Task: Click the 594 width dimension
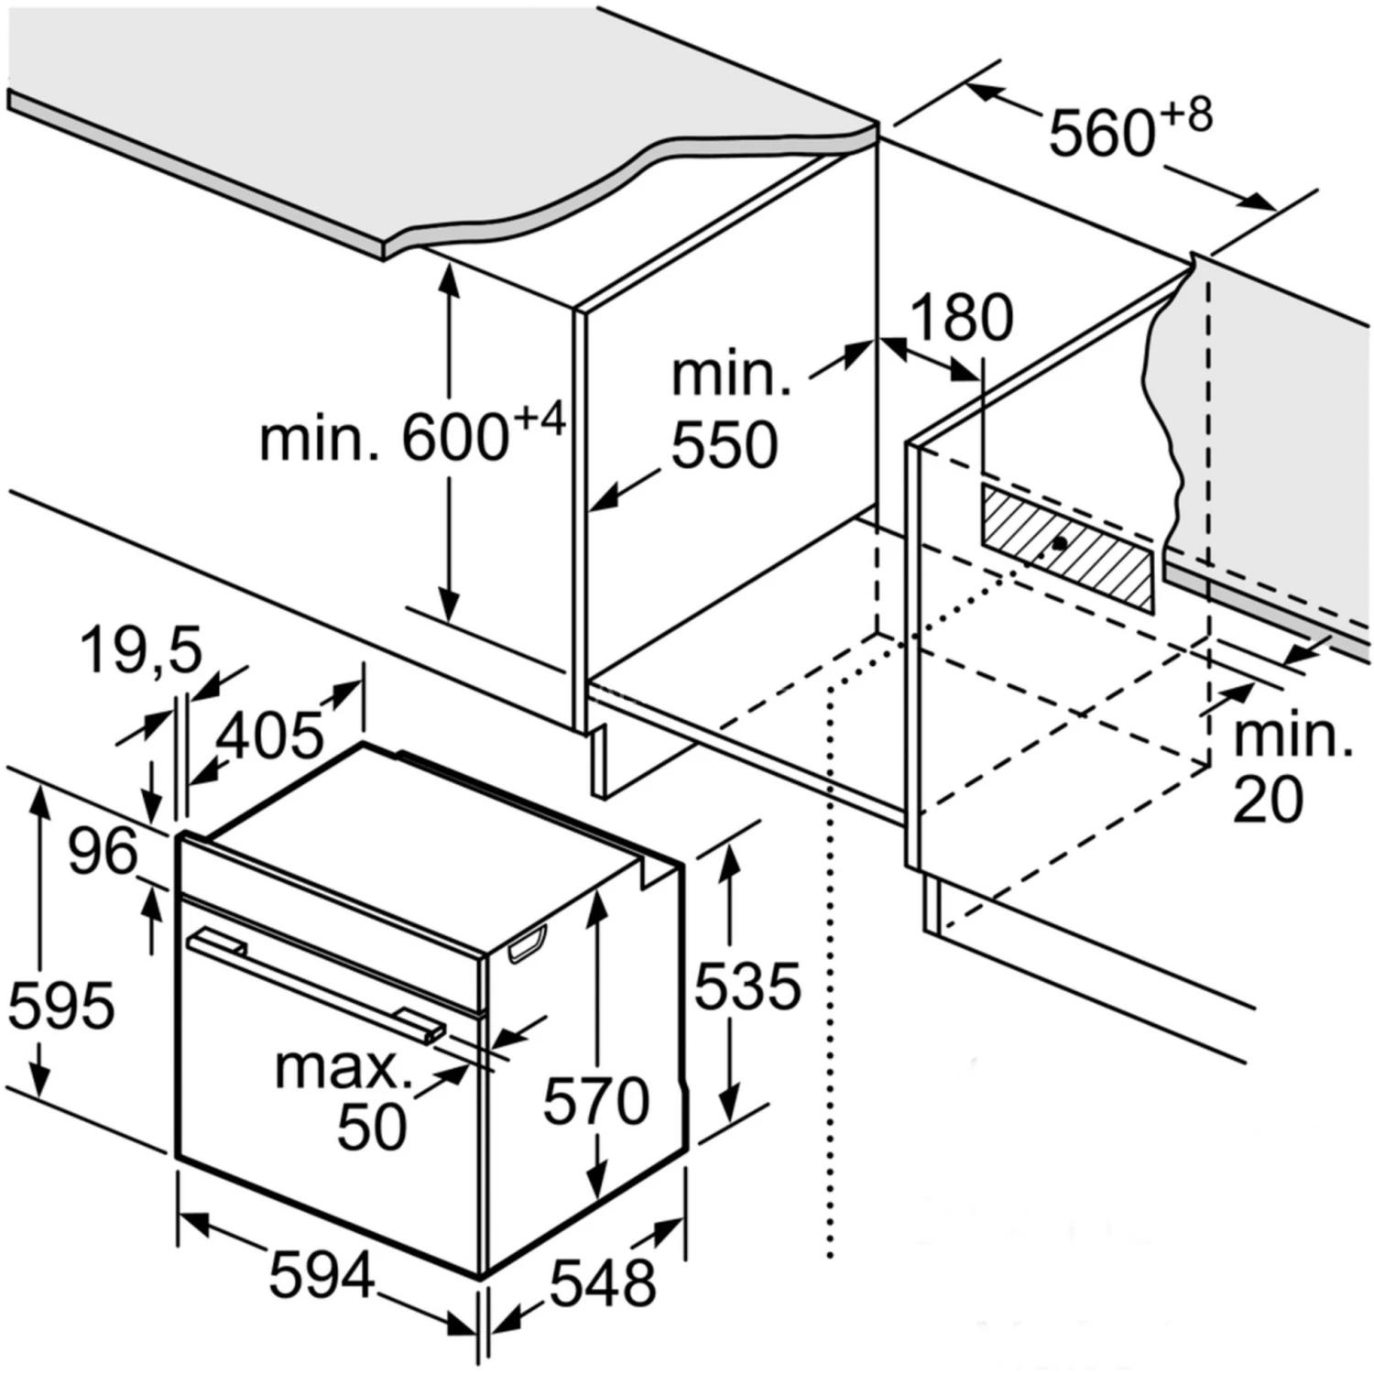click(322, 1275)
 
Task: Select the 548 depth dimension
click(602, 1281)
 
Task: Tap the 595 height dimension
click(61, 1005)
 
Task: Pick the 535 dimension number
click(747, 987)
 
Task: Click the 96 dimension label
click(103, 851)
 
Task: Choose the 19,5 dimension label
click(140, 651)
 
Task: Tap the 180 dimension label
click(962, 318)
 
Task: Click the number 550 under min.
click(725, 446)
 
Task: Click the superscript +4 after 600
click(540, 420)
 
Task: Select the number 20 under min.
click(1268, 800)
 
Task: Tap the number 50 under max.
click(372, 1126)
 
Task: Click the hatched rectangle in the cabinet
click(1067, 547)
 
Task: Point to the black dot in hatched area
click(1060, 542)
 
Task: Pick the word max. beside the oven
click(343, 1068)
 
